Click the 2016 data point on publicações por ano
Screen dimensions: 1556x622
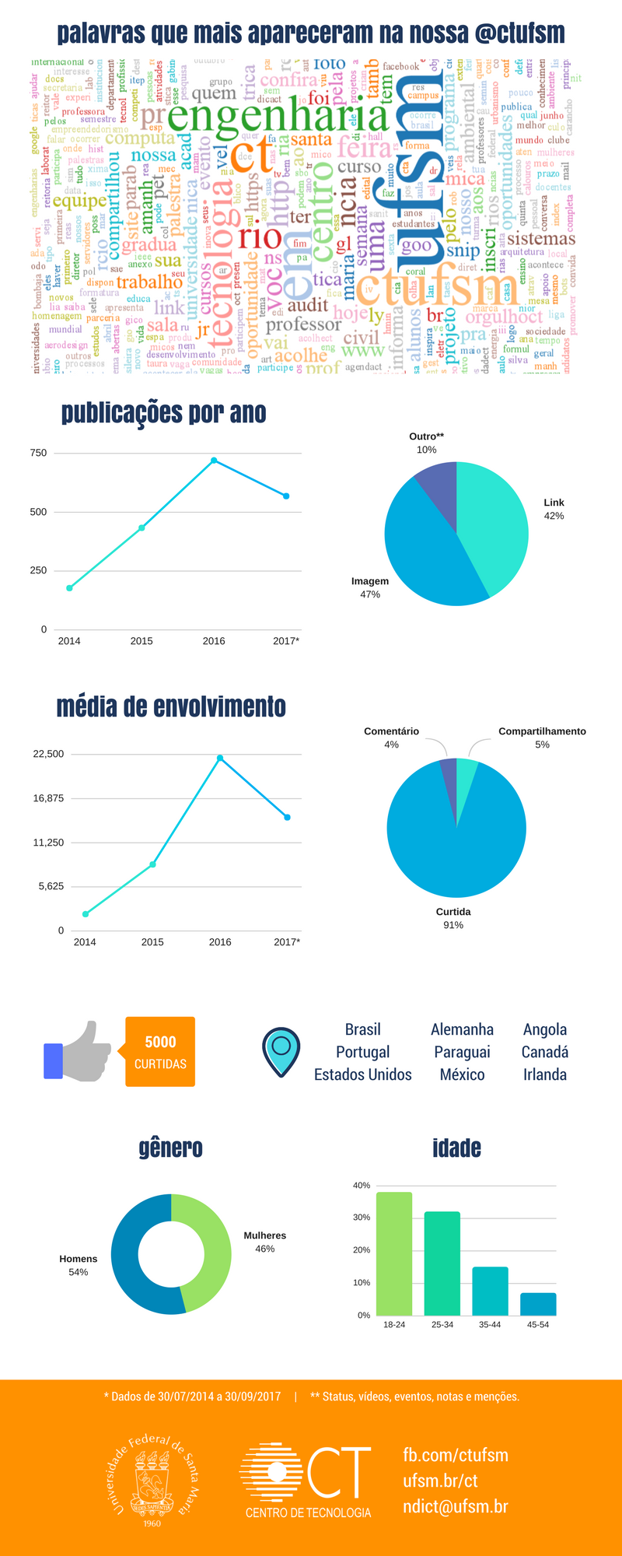[x=214, y=461]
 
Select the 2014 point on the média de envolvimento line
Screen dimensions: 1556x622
[x=86, y=914]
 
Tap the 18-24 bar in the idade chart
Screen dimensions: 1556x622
[x=394, y=1253]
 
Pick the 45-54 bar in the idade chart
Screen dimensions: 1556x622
[x=538, y=1304]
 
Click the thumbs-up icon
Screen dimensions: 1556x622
[x=78, y=1052]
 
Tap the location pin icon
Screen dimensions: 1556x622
[x=281, y=1051]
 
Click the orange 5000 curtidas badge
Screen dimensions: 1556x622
[x=160, y=1051]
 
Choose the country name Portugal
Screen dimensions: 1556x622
[x=362, y=1052]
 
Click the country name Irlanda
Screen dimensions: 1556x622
[x=544, y=1074]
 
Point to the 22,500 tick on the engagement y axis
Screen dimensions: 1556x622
[x=48, y=754]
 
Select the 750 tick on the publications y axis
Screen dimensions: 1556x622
[x=38, y=453]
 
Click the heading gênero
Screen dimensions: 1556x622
[x=170, y=1148]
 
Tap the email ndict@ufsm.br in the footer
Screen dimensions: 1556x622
[x=455, y=1506]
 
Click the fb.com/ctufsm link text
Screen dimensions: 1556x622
[x=455, y=1455]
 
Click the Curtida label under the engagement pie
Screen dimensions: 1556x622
[x=453, y=912]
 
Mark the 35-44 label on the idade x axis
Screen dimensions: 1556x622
[x=490, y=1324]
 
